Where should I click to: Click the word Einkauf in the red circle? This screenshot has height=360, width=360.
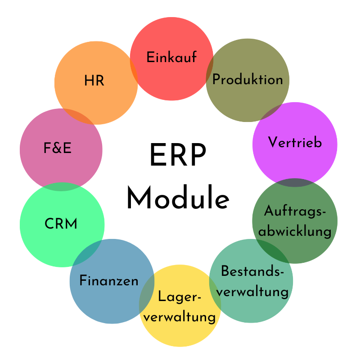(x=171, y=58)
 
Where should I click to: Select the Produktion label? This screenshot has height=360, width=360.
(x=247, y=80)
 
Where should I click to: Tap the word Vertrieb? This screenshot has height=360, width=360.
(x=295, y=142)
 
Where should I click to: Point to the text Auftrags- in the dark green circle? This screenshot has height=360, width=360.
(x=295, y=211)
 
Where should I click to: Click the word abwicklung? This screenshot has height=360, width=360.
(x=295, y=232)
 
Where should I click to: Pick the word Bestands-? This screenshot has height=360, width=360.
(x=252, y=271)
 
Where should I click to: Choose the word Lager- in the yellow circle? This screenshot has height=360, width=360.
(x=179, y=297)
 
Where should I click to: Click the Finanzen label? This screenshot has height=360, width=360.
(x=109, y=281)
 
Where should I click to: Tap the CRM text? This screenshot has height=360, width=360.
(x=61, y=224)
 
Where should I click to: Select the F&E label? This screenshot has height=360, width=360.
(x=57, y=148)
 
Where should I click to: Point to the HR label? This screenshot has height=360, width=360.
(x=94, y=81)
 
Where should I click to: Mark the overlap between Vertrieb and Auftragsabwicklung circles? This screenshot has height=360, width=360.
(x=295, y=183)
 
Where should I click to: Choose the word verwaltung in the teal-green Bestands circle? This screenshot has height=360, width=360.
(x=255, y=291)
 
